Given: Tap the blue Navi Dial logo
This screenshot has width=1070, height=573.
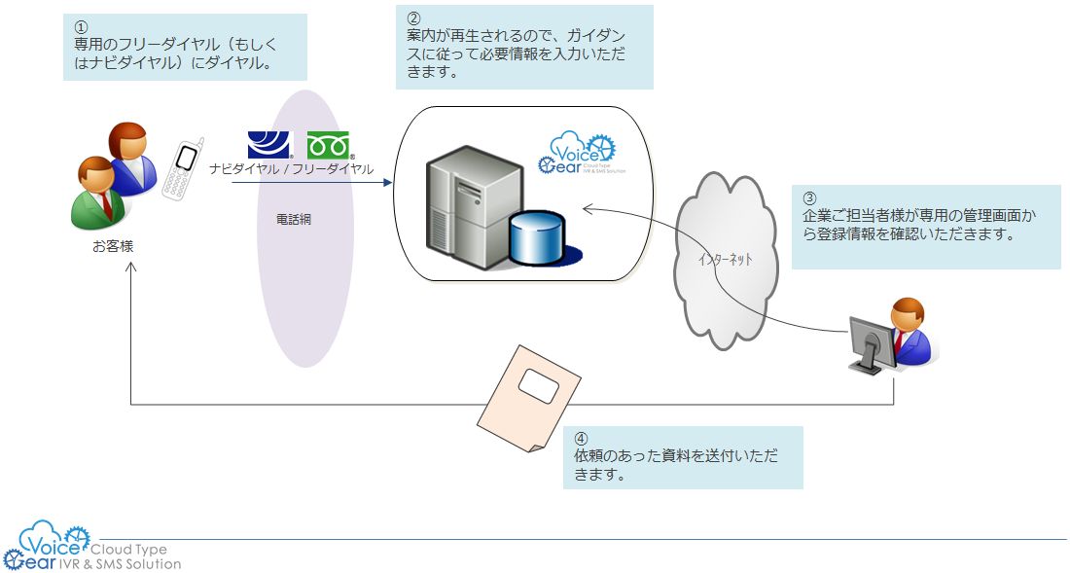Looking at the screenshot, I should point(269,145).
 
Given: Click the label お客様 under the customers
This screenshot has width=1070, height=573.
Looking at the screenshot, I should point(113,247).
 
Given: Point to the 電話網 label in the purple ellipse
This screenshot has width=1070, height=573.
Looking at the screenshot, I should point(294,220).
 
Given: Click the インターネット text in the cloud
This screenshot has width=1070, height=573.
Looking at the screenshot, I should point(725,261).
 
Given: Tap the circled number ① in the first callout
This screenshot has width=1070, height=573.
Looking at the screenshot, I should point(81,26).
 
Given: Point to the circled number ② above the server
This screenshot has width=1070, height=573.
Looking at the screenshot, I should point(413,18).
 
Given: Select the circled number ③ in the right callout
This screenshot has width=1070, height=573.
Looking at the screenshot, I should point(809,195).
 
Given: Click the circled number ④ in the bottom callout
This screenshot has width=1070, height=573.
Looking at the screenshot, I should point(581,439).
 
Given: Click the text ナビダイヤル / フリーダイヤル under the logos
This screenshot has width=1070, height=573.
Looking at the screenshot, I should point(291,168).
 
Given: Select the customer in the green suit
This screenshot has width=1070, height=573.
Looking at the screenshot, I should point(97,194).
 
